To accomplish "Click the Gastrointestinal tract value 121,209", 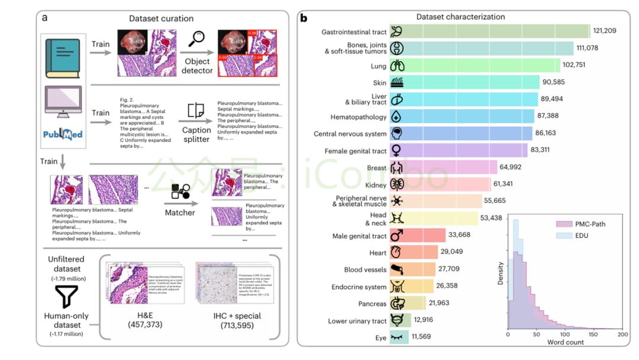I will [x=609, y=31].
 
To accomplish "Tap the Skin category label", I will [x=379, y=83].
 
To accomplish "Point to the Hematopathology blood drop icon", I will [x=397, y=117].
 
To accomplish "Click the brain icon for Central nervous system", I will [x=397, y=133].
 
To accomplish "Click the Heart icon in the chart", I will [x=397, y=252].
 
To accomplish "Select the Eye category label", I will [x=380, y=337].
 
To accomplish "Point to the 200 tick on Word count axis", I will [x=622, y=334].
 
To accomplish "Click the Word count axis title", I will [x=565, y=342].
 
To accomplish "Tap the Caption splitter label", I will [x=196, y=134].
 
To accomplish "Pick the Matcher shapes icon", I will [x=180, y=191].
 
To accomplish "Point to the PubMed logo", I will [x=63, y=134].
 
